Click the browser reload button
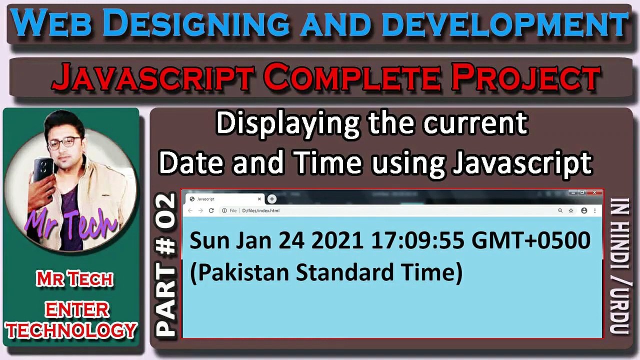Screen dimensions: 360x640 point(211,211)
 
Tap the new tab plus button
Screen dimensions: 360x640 point(272,199)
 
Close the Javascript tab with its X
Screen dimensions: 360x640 point(259,199)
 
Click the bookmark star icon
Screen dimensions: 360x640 point(571,211)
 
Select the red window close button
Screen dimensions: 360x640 point(594,192)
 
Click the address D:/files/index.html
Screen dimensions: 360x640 point(260,211)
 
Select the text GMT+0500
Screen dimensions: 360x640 point(531,241)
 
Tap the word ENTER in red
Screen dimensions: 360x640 point(76,310)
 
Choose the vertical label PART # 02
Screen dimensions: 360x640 point(166,265)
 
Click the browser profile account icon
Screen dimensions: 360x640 point(584,211)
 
